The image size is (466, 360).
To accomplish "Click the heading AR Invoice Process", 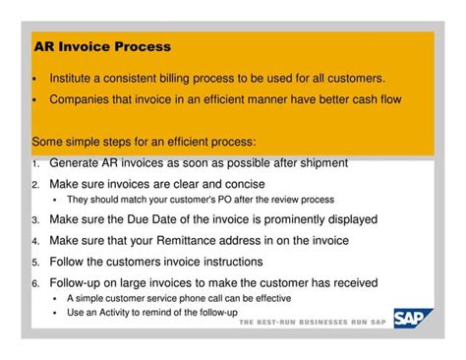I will [x=101, y=46].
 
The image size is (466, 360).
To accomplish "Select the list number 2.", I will [x=35, y=184].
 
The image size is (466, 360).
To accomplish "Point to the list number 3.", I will [x=35, y=220].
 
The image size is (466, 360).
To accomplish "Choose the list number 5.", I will [x=35, y=263].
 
